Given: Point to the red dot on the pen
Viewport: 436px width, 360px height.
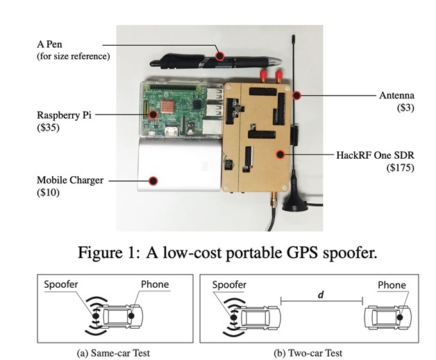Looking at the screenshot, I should pyautogui.click(x=221, y=57).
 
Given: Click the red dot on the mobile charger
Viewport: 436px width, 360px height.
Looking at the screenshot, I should pyautogui.click(x=153, y=180).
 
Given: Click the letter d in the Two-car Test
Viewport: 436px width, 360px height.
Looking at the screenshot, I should pyautogui.click(x=321, y=295).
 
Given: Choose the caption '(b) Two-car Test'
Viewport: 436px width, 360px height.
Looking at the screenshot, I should pyautogui.click(x=309, y=352).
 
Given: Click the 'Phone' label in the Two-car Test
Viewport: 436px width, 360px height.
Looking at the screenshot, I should pyautogui.click(x=392, y=285).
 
